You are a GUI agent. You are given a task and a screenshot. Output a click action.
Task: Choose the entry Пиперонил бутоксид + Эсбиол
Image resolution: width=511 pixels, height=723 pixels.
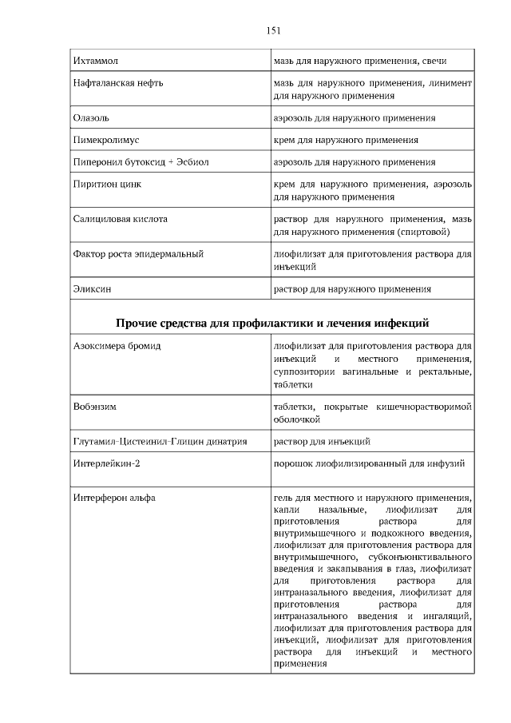[x=141, y=162]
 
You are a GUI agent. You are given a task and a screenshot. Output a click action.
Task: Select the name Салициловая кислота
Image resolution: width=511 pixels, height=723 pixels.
[x=121, y=219]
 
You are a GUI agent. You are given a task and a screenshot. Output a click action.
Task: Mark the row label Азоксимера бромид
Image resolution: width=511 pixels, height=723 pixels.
[x=117, y=348]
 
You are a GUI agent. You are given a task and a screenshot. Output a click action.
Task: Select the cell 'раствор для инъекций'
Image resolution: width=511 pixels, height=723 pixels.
[x=322, y=441]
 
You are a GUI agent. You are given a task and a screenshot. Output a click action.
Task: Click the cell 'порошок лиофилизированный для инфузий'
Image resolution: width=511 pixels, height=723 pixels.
[x=369, y=463]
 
